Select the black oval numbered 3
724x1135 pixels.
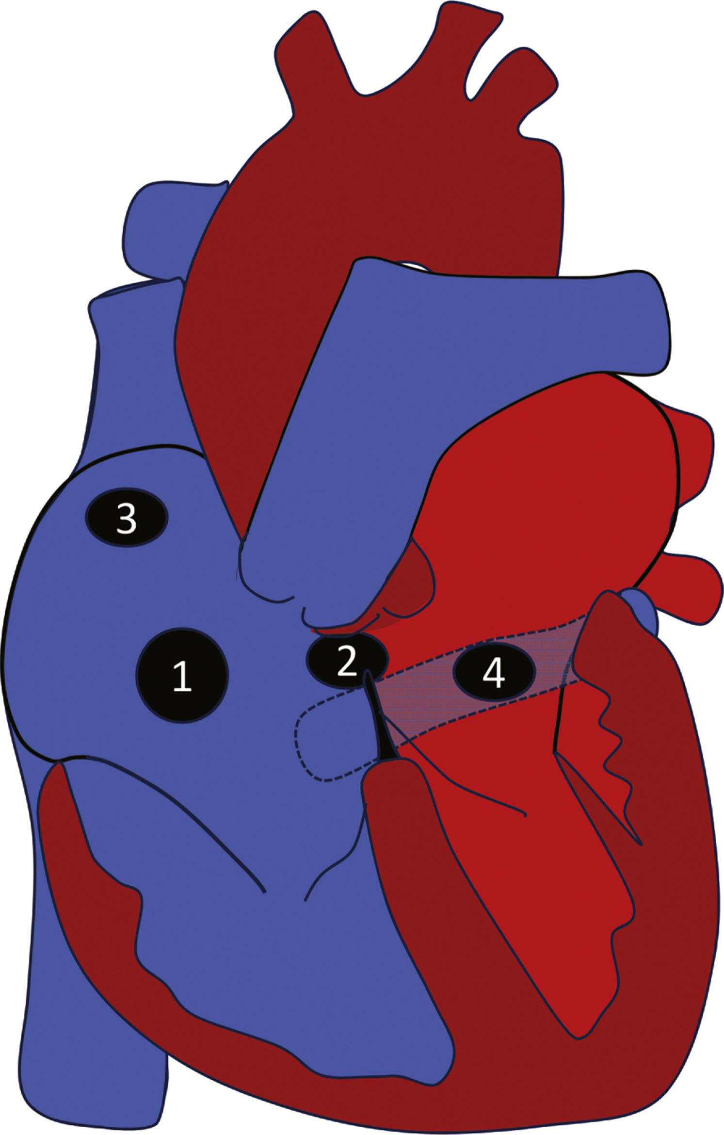127,518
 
